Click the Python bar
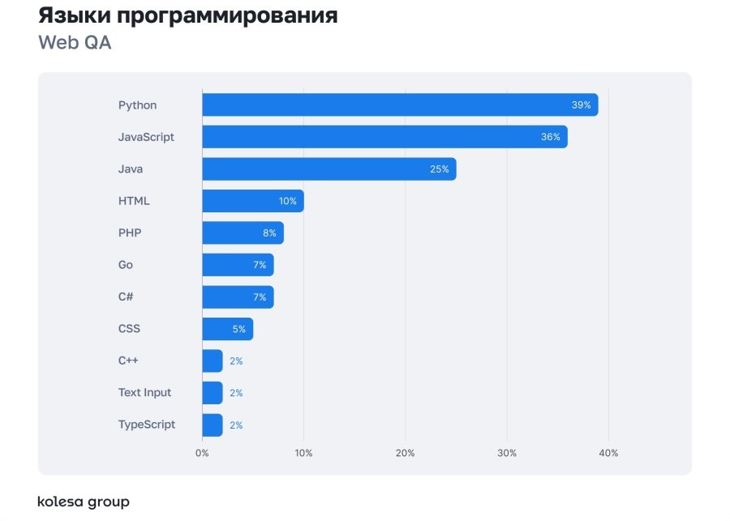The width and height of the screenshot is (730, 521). click(400, 105)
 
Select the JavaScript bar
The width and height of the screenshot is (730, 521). click(384, 137)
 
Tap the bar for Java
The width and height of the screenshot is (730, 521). click(328, 169)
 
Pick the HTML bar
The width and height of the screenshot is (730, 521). click(252, 201)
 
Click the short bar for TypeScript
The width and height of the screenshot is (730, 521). click(212, 425)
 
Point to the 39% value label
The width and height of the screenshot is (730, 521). click(581, 105)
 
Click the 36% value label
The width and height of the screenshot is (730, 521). click(551, 137)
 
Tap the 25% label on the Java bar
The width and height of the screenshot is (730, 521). click(439, 169)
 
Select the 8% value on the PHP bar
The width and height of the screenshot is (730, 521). click(269, 233)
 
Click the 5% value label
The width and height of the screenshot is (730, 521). click(238, 329)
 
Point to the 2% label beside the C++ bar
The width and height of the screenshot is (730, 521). click(236, 361)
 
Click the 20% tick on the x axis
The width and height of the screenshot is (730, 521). click(406, 453)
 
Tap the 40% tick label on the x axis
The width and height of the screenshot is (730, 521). click(608, 453)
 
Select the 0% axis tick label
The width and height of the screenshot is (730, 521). click(202, 453)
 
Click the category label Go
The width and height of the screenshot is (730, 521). click(126, 265)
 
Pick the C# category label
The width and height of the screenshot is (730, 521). click(126, 297)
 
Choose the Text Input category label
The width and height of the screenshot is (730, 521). click(145, 392)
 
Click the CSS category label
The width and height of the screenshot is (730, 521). click(129, 329)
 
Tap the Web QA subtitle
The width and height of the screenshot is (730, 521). click(75, 43)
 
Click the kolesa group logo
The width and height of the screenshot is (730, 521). click(84, 502)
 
